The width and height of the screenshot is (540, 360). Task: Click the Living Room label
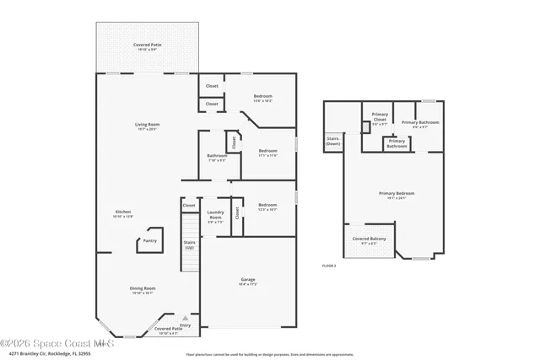tap(148, 125)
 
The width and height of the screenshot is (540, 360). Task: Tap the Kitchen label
tap(123, 212)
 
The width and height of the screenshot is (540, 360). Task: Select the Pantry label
tap(149, 240)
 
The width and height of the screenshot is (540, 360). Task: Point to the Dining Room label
tap(142, 288)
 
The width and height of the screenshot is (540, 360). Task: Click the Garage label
tap(249, 281)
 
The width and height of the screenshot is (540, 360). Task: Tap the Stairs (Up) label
tap(190, 244)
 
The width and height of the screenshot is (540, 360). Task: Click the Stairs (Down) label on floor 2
tap(332, 142)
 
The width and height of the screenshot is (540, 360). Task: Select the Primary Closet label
tap(379, 121)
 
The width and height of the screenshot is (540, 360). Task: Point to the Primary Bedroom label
tap(392, 194)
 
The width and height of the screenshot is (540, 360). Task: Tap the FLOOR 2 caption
tap(329, 266)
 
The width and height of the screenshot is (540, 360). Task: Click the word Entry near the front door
tap(185, 325)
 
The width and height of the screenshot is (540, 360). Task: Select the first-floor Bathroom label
tap(216, 155)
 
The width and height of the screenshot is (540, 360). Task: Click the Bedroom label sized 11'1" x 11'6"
tap(268, 151)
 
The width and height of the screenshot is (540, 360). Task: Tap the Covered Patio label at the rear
tap(148, 45)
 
